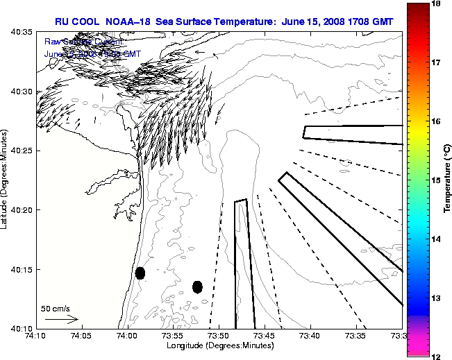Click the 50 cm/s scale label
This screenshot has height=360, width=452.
56,308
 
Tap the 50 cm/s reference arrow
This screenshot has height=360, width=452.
61,320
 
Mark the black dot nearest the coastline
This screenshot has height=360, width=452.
140,273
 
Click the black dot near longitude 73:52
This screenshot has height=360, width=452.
197,286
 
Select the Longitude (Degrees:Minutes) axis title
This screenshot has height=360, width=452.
219,345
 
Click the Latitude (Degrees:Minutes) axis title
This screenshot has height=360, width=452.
6,180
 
